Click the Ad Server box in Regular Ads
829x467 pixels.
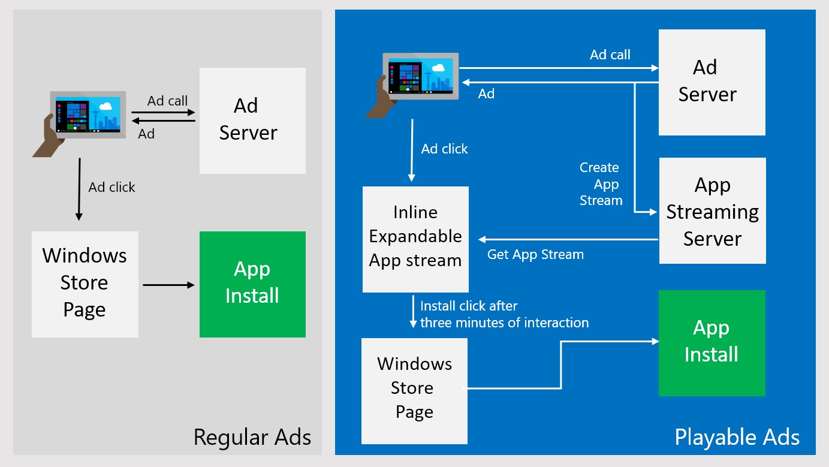coord(252,120)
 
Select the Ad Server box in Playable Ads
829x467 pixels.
coord(712,82)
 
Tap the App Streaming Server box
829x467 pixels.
coord(712,210)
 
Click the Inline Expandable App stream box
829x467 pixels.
coord(415,239)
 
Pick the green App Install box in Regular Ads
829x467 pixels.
coord(252,284)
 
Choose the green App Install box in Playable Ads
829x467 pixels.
coord(712,342)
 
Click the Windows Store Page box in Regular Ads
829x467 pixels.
coord(85,284)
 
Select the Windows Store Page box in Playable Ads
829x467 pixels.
coord(414,390)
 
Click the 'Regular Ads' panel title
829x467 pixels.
coord(252,437)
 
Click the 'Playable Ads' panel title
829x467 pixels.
coord(737,437)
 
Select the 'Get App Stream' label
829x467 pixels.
coord(535,254)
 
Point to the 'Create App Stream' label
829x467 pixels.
coord(600,184)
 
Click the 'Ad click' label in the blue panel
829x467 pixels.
coord(444,149)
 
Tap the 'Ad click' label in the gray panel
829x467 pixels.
coord(112,187)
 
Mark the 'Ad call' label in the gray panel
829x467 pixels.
coord(167,101)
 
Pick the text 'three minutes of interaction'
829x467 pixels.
coord(504,323)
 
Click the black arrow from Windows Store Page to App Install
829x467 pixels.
coord(168,285)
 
